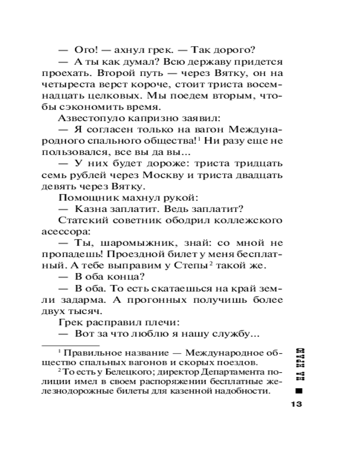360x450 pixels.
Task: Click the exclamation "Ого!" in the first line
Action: [85, 49]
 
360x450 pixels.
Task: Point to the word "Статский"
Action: [79, 220]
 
